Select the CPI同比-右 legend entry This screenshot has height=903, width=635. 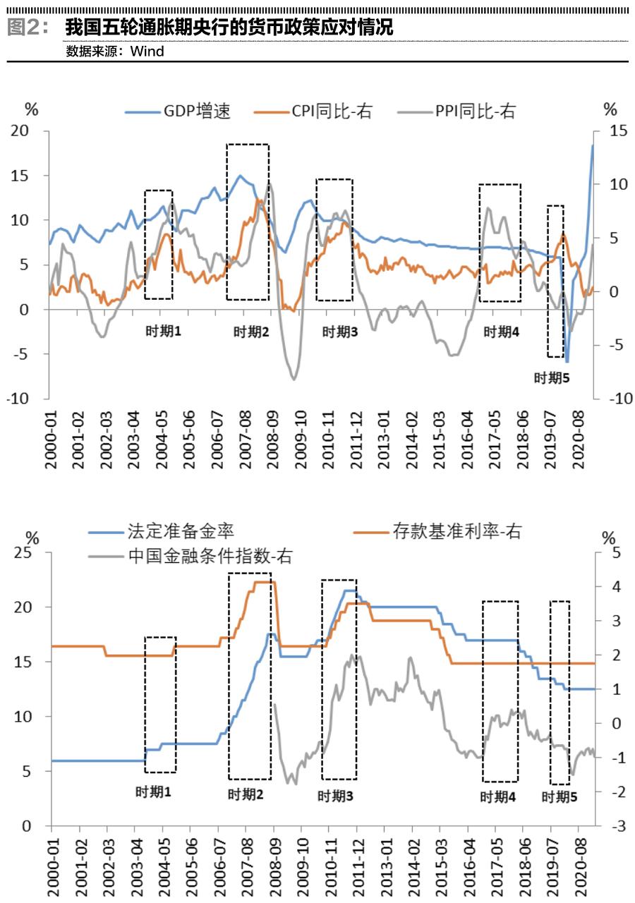[x=332, y=111]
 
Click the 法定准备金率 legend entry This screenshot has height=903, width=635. [x=181, y=531]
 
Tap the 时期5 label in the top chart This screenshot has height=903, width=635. [x=551, y=378]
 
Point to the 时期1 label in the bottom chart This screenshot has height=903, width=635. [x=153, y=792]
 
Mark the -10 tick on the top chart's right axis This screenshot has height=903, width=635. [x=611, y=399]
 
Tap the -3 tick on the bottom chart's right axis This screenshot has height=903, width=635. [x=609, y=826]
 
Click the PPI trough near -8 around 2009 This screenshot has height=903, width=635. [x=294, y=379]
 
